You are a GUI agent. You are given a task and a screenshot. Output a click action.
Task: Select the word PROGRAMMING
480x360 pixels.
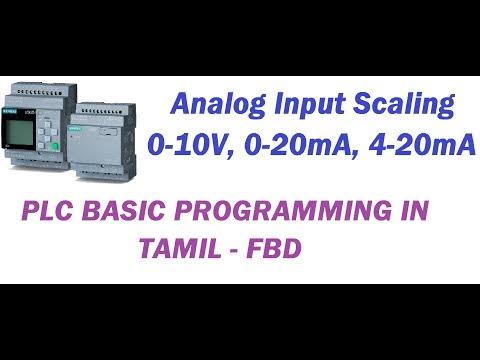click(x=286, y=213)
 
